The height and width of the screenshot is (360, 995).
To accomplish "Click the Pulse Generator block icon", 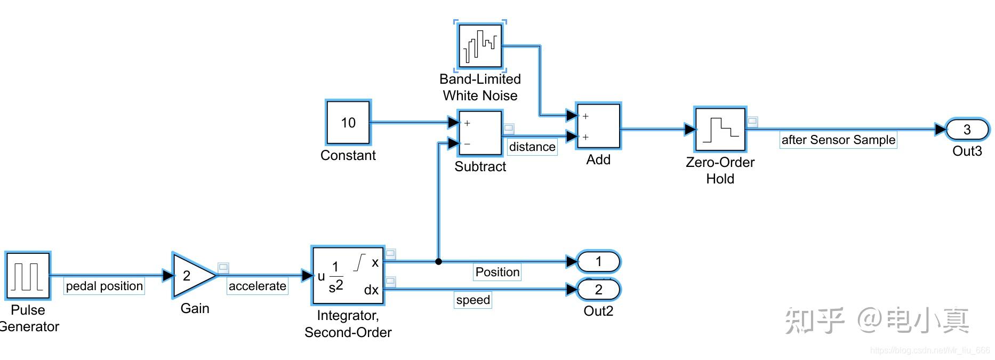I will coord(28,276).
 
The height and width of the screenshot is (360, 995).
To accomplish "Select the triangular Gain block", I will coord(192,276).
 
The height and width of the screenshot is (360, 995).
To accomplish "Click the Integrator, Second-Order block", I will coord(348,276).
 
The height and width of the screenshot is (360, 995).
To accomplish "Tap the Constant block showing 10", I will coord(348,123).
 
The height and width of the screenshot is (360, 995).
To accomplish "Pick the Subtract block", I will coord(480,133).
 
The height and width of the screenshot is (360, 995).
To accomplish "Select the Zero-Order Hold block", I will coord(720,130).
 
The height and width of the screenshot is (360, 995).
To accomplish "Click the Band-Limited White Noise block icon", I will coord(480,46).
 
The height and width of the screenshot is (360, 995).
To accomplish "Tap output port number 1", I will coord(599,261).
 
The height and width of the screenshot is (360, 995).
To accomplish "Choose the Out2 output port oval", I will coord(599,290).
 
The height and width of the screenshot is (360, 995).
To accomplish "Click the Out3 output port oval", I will coord(967,130).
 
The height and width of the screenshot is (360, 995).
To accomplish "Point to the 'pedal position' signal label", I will coord(105,286).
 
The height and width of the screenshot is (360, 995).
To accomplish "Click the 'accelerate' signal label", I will coord(258,286).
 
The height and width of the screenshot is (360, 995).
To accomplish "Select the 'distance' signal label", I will coord(532,147).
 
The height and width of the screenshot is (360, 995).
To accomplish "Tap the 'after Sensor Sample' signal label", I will coord(838,140).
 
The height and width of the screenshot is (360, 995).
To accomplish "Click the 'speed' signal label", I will coord(473,300).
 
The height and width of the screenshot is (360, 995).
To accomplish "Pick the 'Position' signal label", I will coord(497,273).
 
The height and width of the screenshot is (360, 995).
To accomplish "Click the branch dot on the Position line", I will coord(438,261).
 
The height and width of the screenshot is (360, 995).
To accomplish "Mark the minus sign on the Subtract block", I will coord(467,144).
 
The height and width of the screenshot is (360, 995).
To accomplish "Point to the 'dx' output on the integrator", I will coord(371,290).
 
